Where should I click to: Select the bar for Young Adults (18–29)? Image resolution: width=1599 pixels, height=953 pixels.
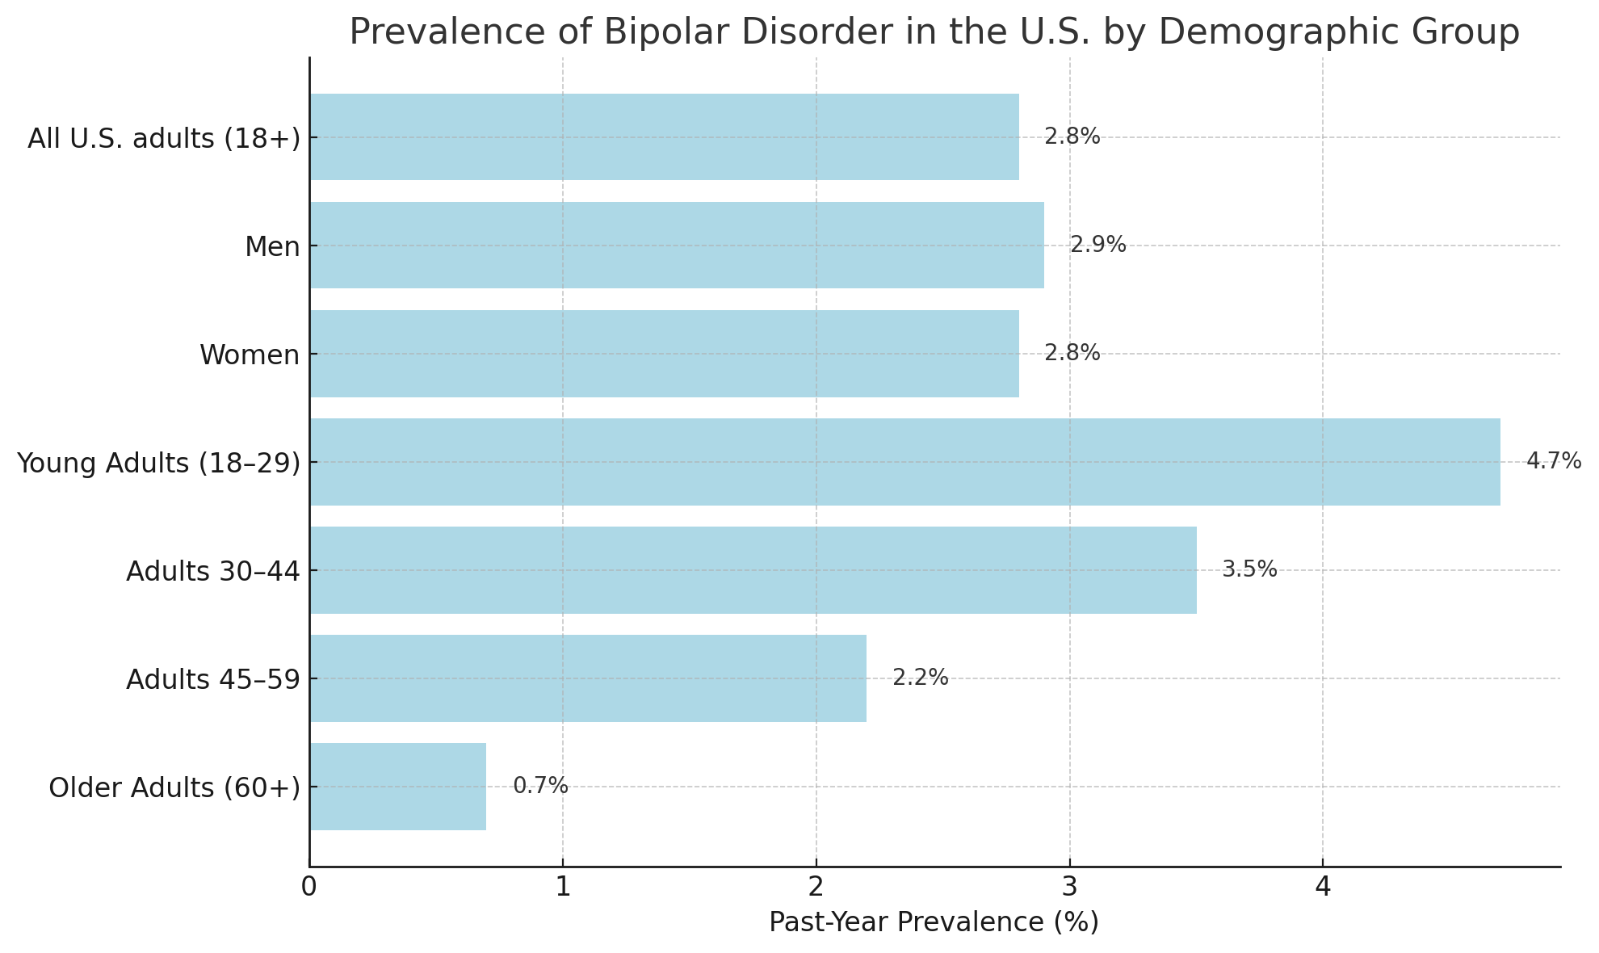point(904,462)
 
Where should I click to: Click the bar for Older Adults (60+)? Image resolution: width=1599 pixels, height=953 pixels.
point(397,787)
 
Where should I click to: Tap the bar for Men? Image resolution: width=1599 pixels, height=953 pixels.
point(676,246)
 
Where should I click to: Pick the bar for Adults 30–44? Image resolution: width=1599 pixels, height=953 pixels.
point(753,570)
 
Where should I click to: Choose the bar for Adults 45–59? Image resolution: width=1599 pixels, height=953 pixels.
point(587,678)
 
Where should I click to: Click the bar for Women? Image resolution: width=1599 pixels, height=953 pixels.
point(664,354)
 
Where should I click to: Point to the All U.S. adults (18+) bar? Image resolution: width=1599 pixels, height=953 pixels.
point(664,137)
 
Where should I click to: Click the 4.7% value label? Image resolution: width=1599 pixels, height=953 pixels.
point(1553,461)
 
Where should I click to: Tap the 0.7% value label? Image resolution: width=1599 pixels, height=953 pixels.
point(540,786)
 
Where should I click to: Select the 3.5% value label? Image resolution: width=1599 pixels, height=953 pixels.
point(1249,569)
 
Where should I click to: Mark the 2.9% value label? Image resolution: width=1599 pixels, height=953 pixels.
point(1097,245)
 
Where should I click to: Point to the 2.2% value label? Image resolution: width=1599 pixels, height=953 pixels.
point(920,678)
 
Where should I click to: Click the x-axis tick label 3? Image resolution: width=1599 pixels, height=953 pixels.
point(1069,888)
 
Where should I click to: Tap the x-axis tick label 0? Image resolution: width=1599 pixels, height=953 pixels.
point(309,888)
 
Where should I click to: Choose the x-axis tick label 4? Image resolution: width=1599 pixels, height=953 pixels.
point(1323,888)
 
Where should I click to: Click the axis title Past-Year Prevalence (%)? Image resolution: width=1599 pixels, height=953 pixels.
point(934,922)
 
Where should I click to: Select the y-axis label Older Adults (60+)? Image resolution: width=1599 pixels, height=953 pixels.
point(174,787)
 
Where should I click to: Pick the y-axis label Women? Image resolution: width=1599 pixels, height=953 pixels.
point(250,355)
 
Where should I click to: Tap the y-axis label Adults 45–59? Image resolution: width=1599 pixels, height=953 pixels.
point(212,680)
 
